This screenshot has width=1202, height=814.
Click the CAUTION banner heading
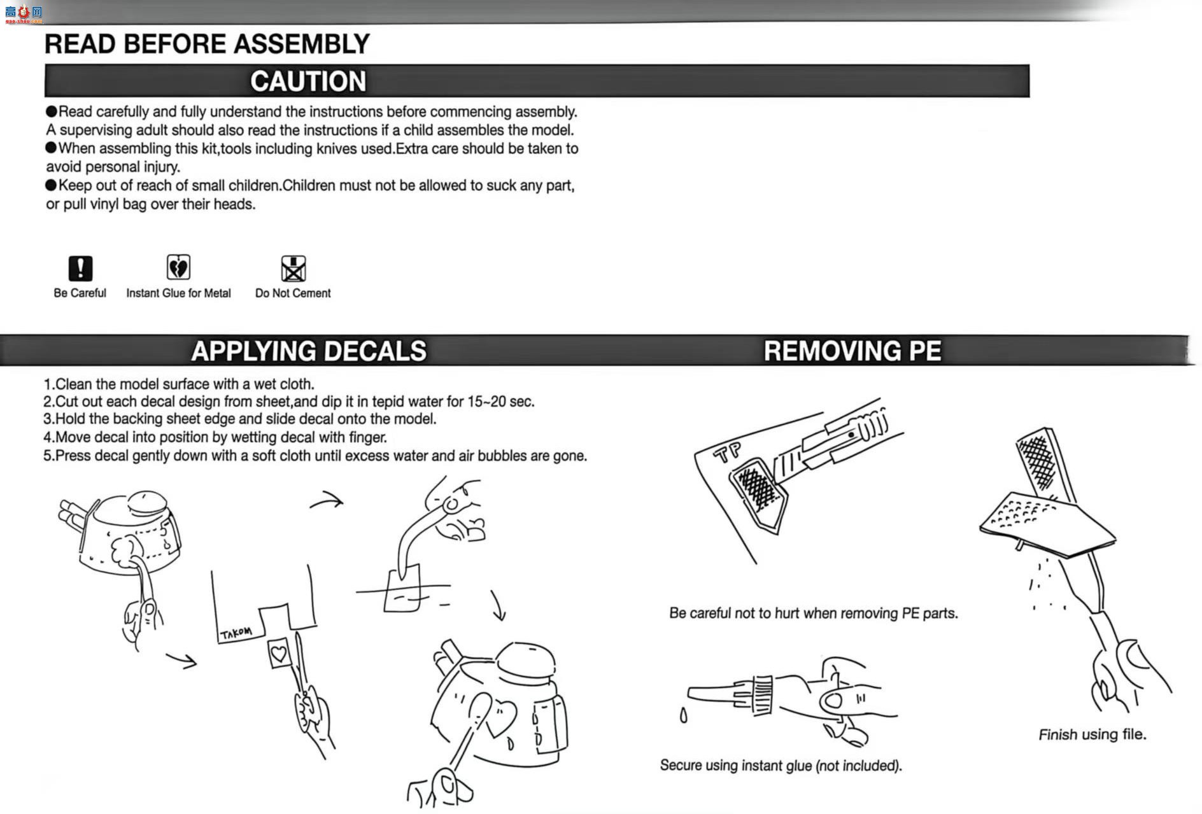[308, 81]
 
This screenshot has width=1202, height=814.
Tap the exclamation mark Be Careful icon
[80, 268]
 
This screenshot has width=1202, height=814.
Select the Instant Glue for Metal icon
[178, 267]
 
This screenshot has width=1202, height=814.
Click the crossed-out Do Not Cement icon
[293, 269]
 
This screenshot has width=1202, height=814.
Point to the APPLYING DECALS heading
[309, 351]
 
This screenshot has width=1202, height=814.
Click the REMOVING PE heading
[852, 351]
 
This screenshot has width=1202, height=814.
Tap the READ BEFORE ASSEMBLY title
[207, 44]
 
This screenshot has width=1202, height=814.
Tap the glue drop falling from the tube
[683, 717]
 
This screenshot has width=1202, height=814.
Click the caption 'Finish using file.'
[1092, 734]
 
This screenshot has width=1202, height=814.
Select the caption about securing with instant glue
[781, 765]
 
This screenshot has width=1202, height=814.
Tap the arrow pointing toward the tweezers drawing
[327, 500]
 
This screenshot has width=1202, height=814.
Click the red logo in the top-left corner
[24, 13]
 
